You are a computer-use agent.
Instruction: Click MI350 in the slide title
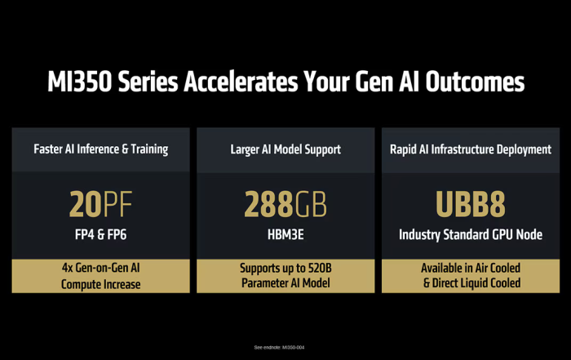pos(80,82)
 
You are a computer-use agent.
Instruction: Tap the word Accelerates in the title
pos(241,82)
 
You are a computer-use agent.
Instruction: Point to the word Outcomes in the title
pos(475,82)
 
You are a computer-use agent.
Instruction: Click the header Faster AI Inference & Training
pos(101,149)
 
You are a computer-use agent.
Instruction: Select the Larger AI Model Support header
pos(285,149)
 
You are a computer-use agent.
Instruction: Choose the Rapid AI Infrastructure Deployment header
pos(471,149)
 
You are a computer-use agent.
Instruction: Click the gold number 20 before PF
pos(86,204)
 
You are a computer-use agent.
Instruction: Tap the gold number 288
pos(268,204)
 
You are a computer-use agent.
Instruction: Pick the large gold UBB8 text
pos(471,204)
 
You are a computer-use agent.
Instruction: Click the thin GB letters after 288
pos(311,204)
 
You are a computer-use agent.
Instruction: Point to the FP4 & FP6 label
pos(101,234)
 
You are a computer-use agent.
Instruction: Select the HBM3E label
pos(285,234)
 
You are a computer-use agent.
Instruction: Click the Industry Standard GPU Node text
pos(471,234)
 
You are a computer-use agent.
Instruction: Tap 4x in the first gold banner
pos(68,268)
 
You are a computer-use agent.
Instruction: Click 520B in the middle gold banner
pos(320,269)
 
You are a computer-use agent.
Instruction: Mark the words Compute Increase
pos(101,284)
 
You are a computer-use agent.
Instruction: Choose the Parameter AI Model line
pos(285,282)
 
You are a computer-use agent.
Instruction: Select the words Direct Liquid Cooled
pos(476,282)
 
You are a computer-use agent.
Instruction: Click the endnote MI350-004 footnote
pos(279,348)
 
